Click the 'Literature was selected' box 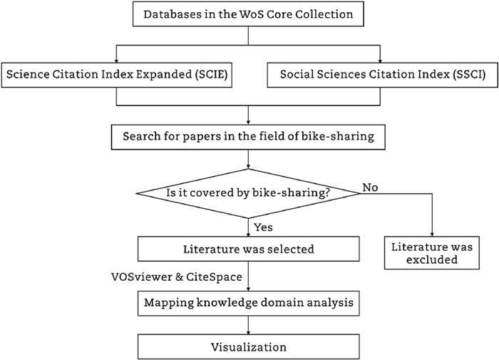coord(247,248)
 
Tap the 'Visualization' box coord(247,348)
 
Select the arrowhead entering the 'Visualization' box coord(247,334)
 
